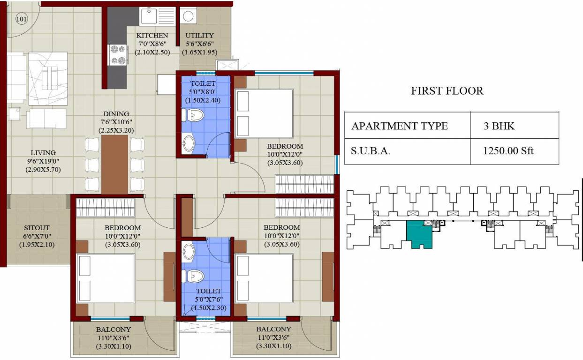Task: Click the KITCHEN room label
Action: (152, 36)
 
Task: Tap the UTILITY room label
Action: (199, 36)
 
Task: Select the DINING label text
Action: (116, 114)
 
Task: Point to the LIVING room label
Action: (43, 153)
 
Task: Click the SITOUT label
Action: (37, 228)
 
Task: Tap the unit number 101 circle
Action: (22, 19)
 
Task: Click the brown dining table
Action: (115, 165)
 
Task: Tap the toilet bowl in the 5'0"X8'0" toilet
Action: (194, 115)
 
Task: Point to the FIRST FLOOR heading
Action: (447, 90)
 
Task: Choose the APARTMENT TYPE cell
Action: (399, 126)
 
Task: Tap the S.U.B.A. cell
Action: (371, 151)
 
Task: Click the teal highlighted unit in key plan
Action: (418, 234)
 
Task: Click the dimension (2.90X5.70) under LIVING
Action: (43, 170)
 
